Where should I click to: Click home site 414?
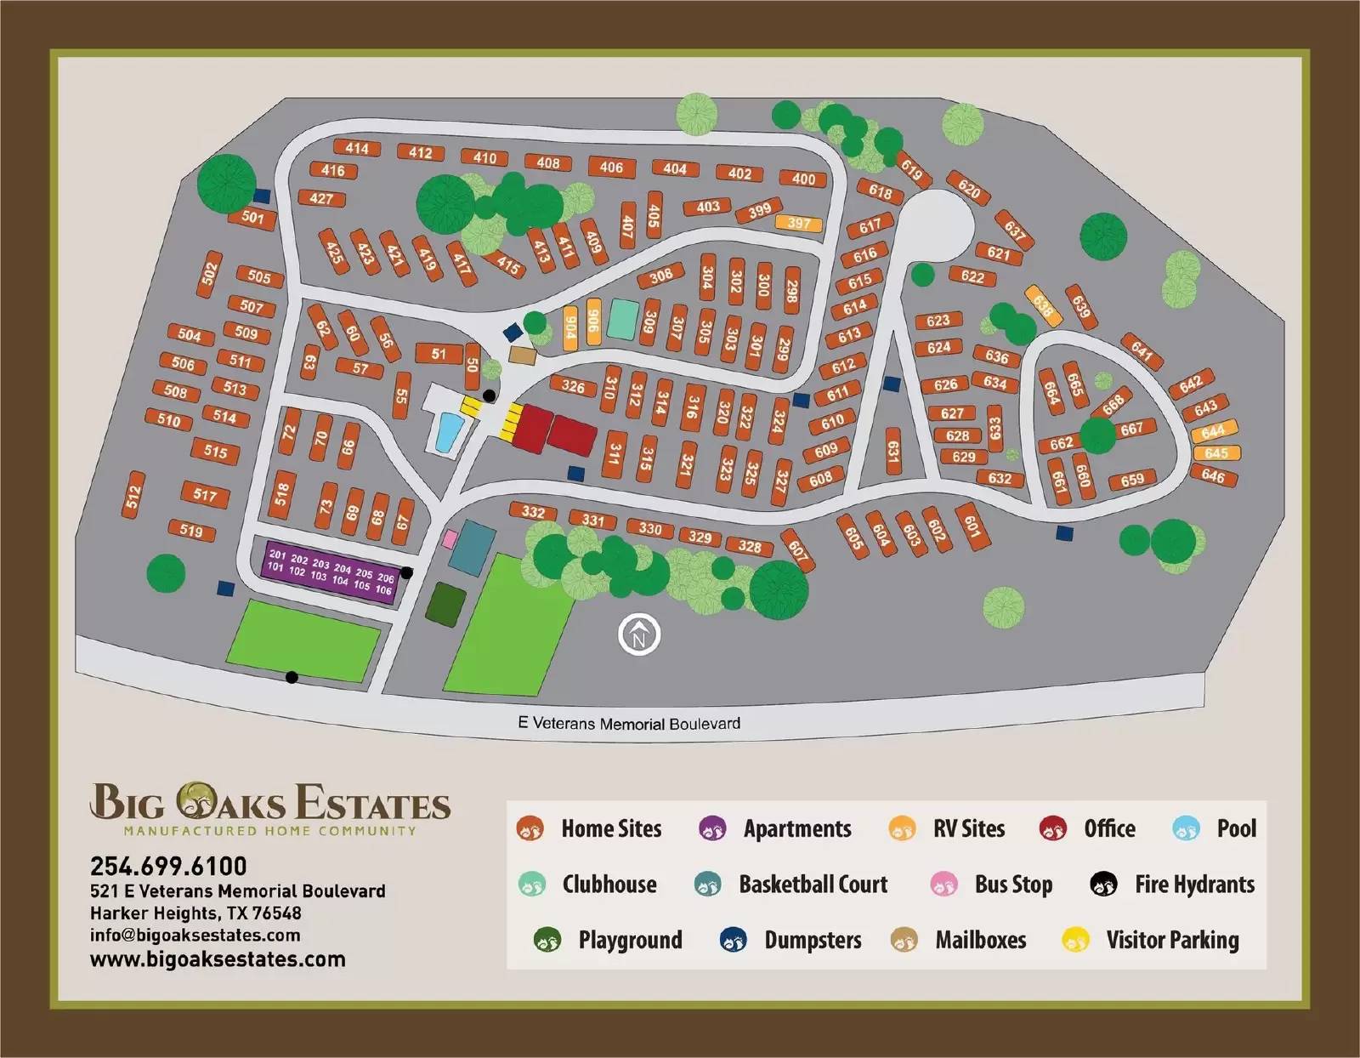pos(356,148)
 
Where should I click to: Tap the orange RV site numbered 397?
pos(798,224)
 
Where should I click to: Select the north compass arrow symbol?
pos(639,634)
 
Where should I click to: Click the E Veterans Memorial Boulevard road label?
pos(629,724)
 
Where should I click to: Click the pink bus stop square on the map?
pos(450,539)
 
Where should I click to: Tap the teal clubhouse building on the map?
pos(623,319)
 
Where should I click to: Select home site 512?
pos(133,494)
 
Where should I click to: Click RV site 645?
pos(1215,453)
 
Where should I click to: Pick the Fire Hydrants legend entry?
pos(1173,885)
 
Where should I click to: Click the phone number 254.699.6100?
pos(168,866)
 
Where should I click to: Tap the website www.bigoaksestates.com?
pos(218,959)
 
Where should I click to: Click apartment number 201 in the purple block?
pos(277,555)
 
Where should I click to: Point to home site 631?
pos(892,452)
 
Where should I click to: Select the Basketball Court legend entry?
pos(791,885)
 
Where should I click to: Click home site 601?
pos(971,524)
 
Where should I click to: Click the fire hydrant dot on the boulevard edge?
pos(292,677)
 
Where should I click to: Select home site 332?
pos(533,512)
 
